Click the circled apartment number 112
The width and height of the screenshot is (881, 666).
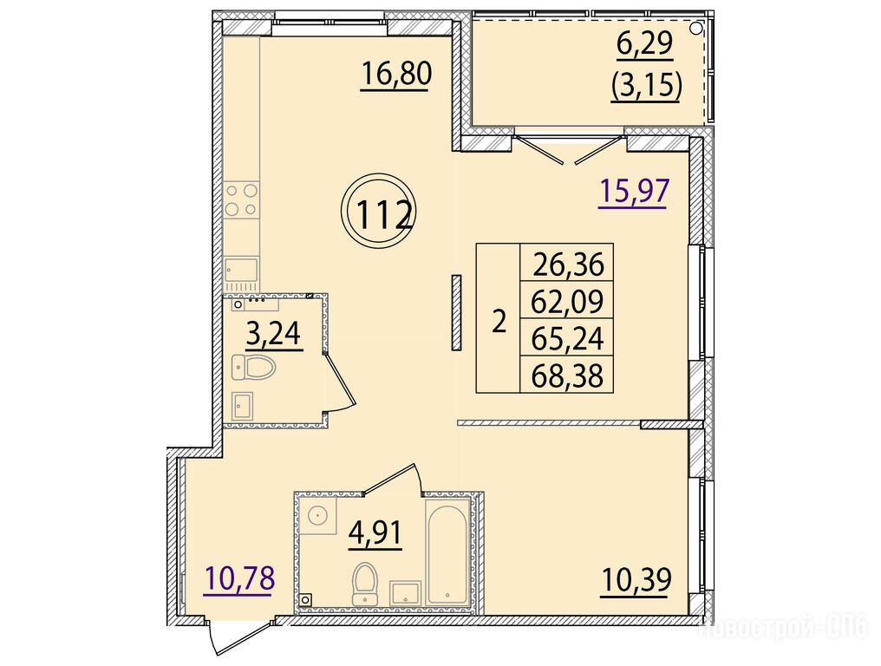[381, 212]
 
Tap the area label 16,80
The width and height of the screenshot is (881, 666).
[396, 74]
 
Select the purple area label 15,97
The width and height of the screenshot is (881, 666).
[635, 191]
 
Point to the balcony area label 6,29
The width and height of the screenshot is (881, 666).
[644, 44]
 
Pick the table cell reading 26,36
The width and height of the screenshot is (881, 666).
[568, 264]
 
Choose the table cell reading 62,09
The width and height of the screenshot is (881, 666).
[568, 301]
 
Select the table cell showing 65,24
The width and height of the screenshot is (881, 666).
[568, 338]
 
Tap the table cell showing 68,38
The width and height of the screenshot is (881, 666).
[568, 375]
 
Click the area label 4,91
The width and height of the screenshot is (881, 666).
[375, 532]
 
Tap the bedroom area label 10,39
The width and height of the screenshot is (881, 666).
[636, 580]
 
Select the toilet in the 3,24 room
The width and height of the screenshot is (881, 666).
[253, 368]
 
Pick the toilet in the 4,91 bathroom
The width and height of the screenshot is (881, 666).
[365, 584]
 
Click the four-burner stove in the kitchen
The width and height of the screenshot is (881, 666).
[242, 200]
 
